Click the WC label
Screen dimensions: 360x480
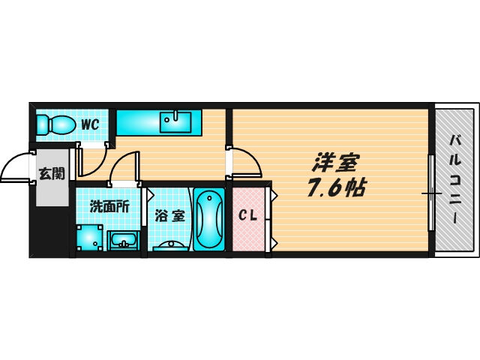click(x=91, y=124)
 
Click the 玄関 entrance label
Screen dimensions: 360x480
click(x=51, y=174)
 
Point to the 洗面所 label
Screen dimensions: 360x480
click(x=109, y=207)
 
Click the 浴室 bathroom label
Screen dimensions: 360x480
click(x=169, y=216)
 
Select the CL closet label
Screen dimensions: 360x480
click(x=248, y=216)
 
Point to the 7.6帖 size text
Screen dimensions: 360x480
click(x=335, y=187)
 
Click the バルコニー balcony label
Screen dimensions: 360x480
click(x=455, y=178)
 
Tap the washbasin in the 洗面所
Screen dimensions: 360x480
click(x=123, y=240)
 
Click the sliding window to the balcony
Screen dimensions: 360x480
click(x=431, y=193)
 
